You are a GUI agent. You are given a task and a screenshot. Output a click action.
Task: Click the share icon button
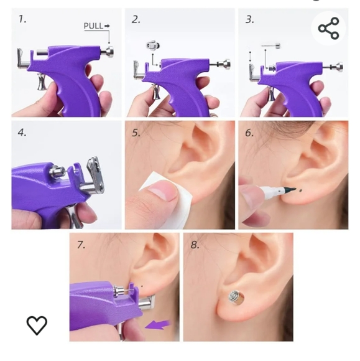point(328,29)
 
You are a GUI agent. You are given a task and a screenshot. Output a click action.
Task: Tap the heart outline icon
point(37,324)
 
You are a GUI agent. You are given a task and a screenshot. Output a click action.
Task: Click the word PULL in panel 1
point(93,26)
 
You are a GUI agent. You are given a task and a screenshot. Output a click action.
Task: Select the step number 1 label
point(22,19)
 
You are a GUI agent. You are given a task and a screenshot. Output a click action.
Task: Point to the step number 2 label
point(136,19)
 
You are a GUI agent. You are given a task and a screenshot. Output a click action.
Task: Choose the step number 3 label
point(249,19)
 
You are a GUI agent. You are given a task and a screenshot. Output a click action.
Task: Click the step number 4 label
point(22,132)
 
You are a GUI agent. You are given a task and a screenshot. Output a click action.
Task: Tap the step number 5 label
point(136,132)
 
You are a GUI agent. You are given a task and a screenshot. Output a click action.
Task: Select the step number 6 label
point(249,132)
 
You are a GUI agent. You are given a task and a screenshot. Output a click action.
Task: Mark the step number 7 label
point(80,244)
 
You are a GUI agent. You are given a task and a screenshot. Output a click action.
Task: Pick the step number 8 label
point(195,244)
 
